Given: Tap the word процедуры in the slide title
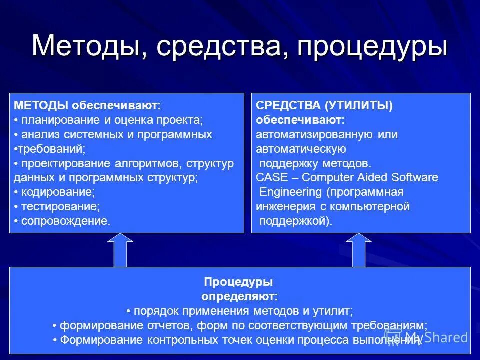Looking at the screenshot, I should coord(372,47).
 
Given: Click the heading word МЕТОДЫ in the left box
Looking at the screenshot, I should coord(41,105).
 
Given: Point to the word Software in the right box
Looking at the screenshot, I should coord(414,177).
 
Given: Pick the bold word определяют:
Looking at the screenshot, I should coord(240,296).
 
